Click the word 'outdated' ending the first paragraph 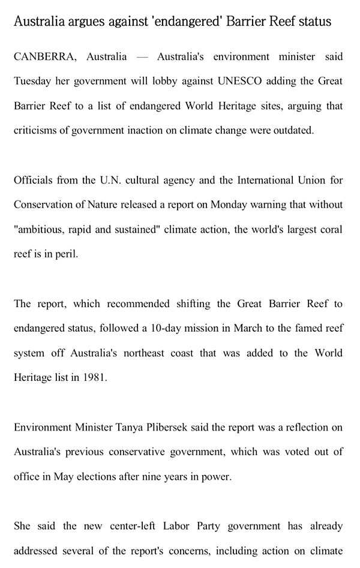click(294, 130)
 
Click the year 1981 click(94, 377)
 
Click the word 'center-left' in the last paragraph click(135, 526)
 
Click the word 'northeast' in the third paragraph click(146, 353)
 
